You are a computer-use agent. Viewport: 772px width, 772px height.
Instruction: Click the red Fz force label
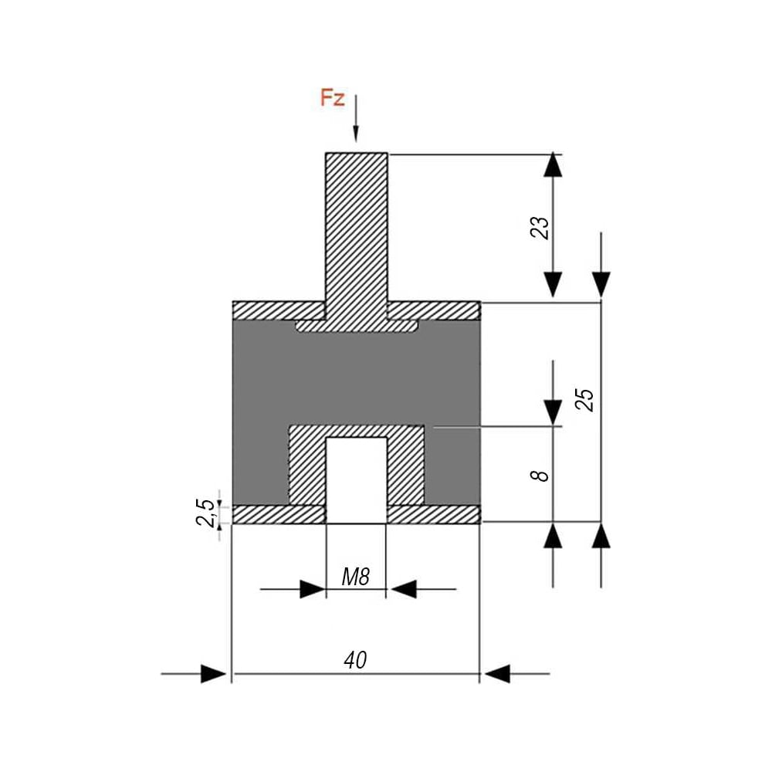point(332,97)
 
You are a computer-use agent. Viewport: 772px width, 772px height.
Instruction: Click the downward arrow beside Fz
point(356,118)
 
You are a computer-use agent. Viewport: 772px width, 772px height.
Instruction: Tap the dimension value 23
point(540,228)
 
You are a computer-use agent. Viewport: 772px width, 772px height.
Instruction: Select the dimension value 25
point(585,399)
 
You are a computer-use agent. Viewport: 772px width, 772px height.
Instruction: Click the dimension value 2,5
point(206,513)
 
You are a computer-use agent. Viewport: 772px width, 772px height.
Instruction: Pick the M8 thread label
point(355,577)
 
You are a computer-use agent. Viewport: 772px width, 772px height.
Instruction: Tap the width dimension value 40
point(355,660)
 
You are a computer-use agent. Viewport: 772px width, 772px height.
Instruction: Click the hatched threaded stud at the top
point(357,236)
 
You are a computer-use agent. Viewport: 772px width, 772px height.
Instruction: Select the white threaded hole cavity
point(357,480)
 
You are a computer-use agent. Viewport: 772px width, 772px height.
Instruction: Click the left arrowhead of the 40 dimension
point(214,673)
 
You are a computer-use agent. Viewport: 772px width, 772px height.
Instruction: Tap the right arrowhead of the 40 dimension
point(497,673)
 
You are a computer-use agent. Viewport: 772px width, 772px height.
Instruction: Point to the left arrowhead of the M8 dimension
point(313,589)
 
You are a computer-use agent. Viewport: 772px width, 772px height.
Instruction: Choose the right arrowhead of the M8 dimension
point(405,589)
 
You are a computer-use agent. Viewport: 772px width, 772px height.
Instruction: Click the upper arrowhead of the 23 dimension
point(553,165)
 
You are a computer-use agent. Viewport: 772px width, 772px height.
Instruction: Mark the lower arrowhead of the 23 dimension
point(553,285)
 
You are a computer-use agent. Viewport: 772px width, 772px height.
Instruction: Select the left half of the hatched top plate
point(279,310)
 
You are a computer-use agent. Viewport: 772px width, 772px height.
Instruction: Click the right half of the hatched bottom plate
point(434,514)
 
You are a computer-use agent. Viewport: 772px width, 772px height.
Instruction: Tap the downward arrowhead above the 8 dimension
point(553,412)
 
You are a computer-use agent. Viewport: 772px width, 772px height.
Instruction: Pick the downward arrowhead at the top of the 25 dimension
point(601,285)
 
